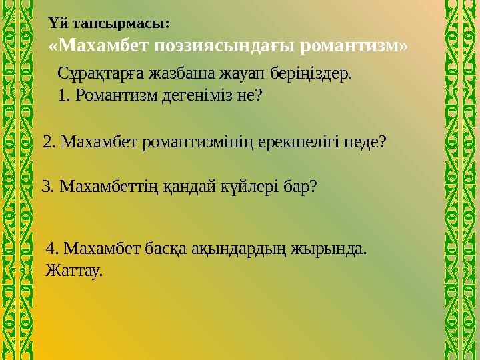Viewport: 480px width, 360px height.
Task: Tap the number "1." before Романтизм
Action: [x=65, y=95]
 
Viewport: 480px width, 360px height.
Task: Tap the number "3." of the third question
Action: [x=49, y=186]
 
